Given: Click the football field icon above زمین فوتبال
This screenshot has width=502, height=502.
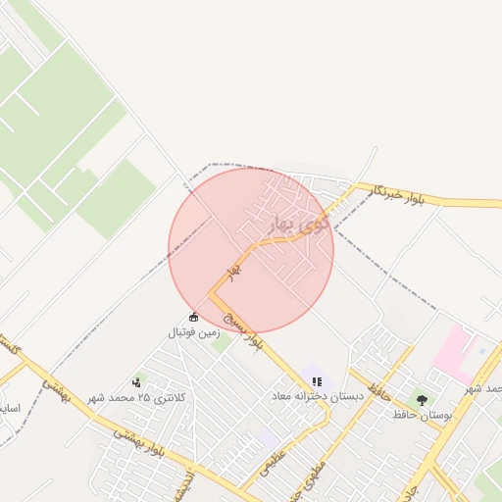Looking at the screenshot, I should [193, 317].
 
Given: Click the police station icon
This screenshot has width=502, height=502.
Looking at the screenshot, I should [136, 381].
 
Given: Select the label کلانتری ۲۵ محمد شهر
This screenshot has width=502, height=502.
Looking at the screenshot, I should [135, 398].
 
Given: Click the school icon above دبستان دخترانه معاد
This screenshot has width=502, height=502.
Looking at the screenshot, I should [317, 381].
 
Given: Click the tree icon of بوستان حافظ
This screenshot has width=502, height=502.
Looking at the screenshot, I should [422, 400].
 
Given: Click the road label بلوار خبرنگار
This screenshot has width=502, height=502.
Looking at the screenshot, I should [407, 196].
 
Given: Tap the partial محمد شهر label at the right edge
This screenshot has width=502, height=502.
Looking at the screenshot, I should [486, 388].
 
